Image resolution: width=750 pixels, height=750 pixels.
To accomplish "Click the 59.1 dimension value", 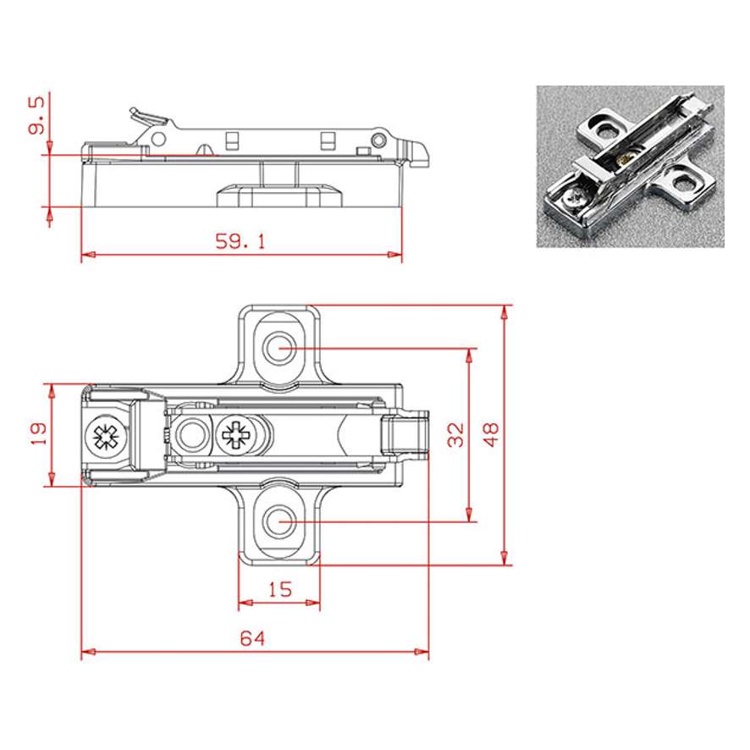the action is [240, 241].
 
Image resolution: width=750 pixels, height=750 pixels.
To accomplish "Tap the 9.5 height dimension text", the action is [36, 115].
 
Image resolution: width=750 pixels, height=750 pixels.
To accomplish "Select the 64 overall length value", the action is [252, 638].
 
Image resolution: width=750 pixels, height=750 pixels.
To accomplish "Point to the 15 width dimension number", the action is [280, 589].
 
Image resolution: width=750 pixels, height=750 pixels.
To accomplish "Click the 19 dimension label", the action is [38, 433].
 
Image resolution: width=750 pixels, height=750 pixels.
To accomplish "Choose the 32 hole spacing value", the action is [455, 434].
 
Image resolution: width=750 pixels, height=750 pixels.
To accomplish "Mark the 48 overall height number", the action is [491, 434].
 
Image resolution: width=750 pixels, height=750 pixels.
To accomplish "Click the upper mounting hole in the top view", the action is [279, 348].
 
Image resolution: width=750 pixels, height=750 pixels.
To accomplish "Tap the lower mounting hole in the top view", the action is [279, 521].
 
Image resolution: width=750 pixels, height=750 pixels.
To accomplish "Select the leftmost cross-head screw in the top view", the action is [106, 436].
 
